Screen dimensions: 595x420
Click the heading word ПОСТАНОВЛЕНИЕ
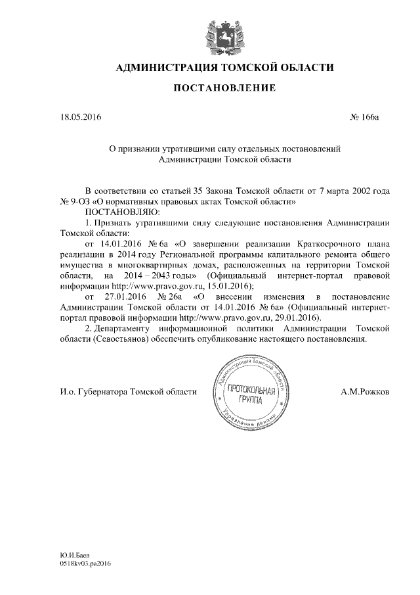[224, 87]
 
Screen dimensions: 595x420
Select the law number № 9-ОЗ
[74, 201]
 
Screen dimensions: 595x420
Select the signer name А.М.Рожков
[365, 392]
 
